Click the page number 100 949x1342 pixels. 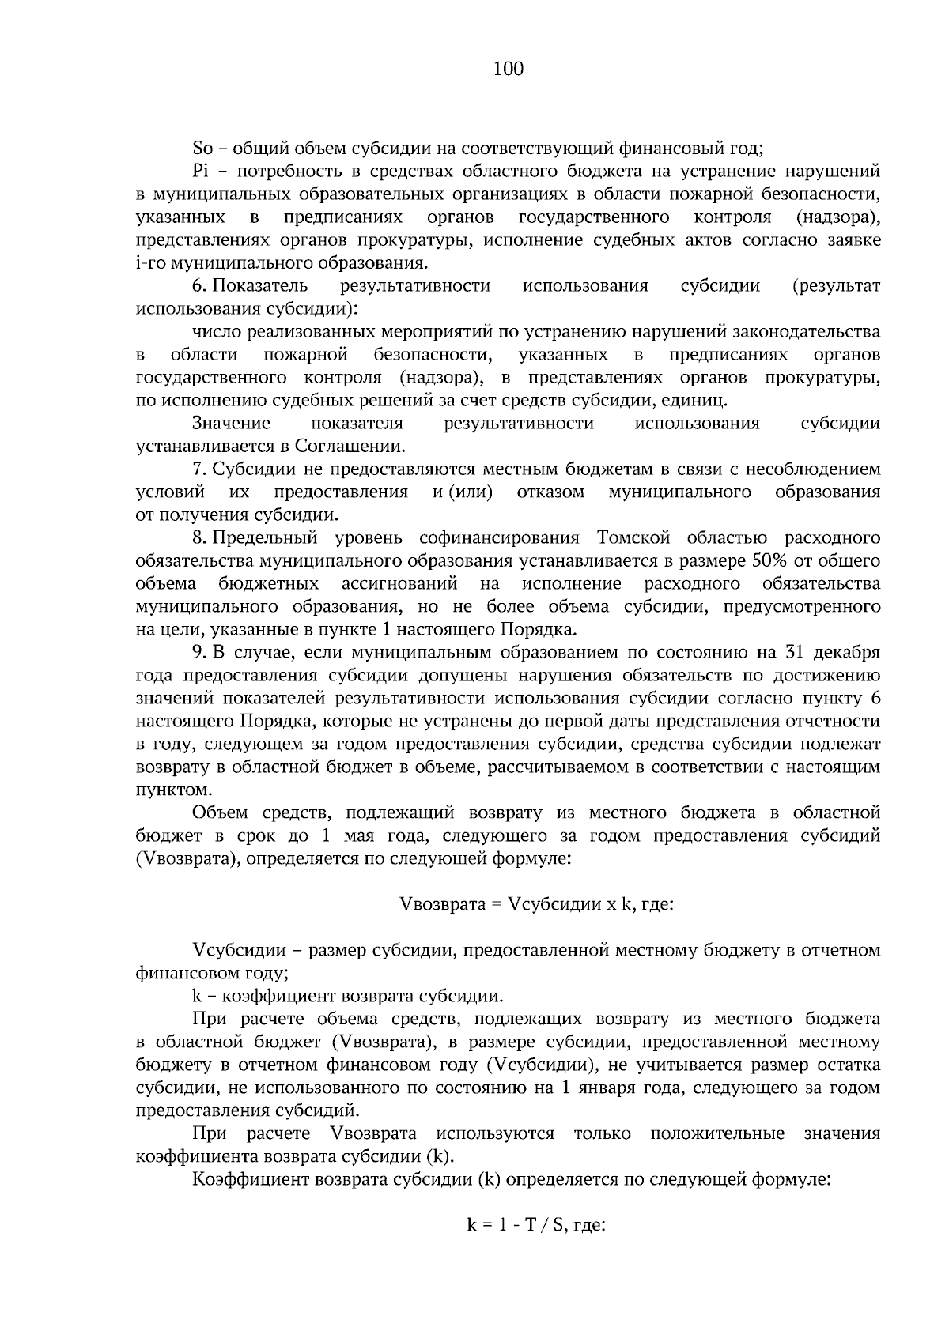[508, 70]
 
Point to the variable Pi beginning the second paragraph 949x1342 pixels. [199, 171]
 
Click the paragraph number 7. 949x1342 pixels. [198, 469]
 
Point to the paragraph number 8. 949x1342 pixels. [198, 538]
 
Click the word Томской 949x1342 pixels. [611, 538]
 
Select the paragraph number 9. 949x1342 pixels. [198, 653]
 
